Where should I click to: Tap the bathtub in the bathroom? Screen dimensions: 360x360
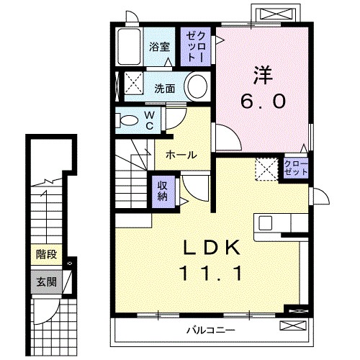pyautogui.click(x=129, y=48)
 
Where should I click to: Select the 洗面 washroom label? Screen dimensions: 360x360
pyautogui.click(x=164, y=89)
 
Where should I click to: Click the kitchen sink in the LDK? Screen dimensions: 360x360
pyautogui.click(x=264, y=222)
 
